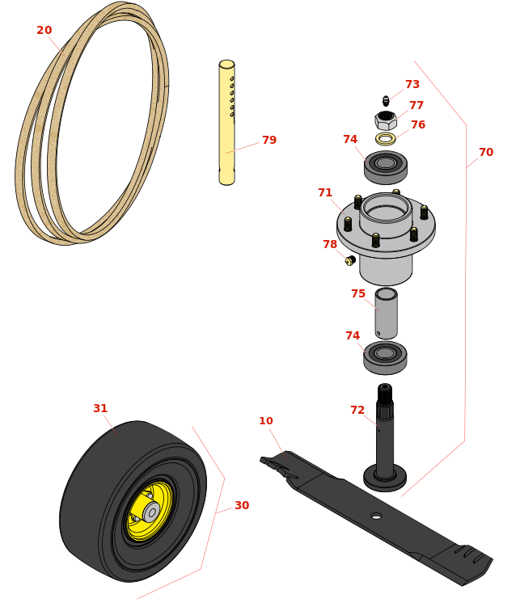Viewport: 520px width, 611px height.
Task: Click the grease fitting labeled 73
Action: click(386, 101)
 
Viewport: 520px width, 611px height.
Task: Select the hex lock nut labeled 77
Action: click(386, 120)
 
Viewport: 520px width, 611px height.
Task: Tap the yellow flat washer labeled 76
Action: click(386, 138)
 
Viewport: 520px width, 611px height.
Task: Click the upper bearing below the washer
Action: click(386, 167)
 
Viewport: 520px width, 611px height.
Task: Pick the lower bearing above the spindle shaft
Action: click(385, 358)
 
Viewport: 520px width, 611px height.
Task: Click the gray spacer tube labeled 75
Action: click(386, 314)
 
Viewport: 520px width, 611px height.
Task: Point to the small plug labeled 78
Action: click(350, 260)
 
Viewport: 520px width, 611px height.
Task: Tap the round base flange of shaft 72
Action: click(385, 478)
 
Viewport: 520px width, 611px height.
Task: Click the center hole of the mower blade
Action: click(376, 516)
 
